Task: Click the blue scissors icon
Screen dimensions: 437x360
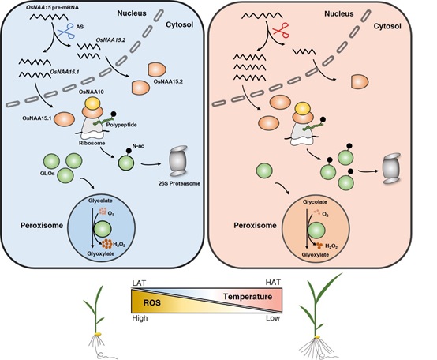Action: [x=65, y=31]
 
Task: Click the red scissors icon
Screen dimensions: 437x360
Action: [x=279, y=30]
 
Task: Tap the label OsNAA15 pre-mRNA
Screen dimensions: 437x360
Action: [x=52, y=8]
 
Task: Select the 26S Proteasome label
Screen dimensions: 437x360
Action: [x=179, y=183]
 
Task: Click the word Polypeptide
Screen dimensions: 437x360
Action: [x=121, y=125]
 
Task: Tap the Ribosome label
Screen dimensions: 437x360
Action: [x=92, y=143]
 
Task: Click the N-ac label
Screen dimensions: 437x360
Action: [x=138, y=145]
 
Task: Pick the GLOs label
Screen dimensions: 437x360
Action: [x=47, y=173]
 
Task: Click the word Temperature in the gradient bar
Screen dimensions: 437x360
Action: [x=248, y=297]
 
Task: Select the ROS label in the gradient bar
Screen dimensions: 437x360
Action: [x=152, y=302]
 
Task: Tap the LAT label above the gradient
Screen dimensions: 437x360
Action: [x=139, y=283]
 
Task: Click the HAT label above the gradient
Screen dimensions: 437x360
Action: [x=273, y=283]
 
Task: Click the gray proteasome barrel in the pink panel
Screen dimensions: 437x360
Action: [x=391, y=168]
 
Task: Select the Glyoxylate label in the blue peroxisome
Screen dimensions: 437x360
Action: [x=101, y=253]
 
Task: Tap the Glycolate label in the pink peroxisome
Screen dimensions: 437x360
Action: [x=315, y=201]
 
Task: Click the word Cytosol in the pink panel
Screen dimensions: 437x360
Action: [x=387, y=26]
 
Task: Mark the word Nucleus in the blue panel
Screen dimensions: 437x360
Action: [x=132, y=13]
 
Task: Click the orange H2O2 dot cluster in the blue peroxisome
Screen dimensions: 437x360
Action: [x=107, y=244]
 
